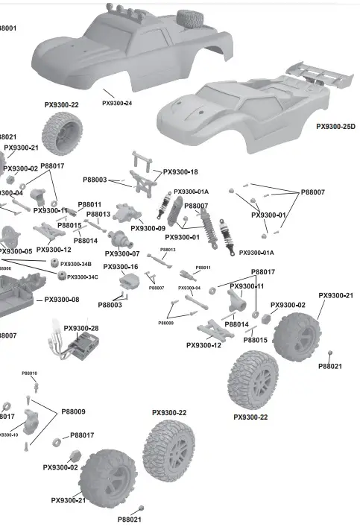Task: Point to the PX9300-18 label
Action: [180, 172]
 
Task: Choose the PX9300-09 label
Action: [148, 228]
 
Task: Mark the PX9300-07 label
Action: [121, 253]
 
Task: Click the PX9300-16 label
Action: [121, 267]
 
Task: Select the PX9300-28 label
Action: [81, 328]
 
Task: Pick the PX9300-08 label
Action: [62, 300]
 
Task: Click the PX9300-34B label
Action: [76, 264]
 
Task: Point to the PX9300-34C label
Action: [83, 277]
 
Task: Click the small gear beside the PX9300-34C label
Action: [61, 277]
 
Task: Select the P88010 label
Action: [29, 373]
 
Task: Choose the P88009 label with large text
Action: [73, 411]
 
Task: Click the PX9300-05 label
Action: [16, 251]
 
